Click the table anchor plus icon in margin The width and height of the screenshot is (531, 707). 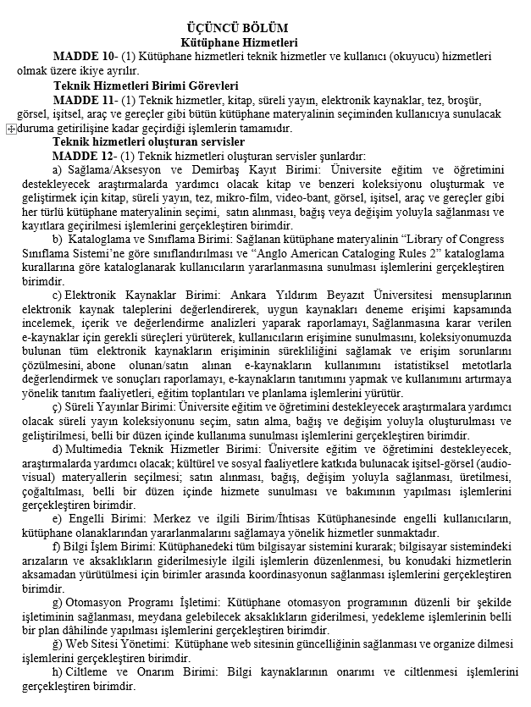(x=9, y=129)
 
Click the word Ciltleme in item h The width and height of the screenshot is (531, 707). (x=90, y=673)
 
